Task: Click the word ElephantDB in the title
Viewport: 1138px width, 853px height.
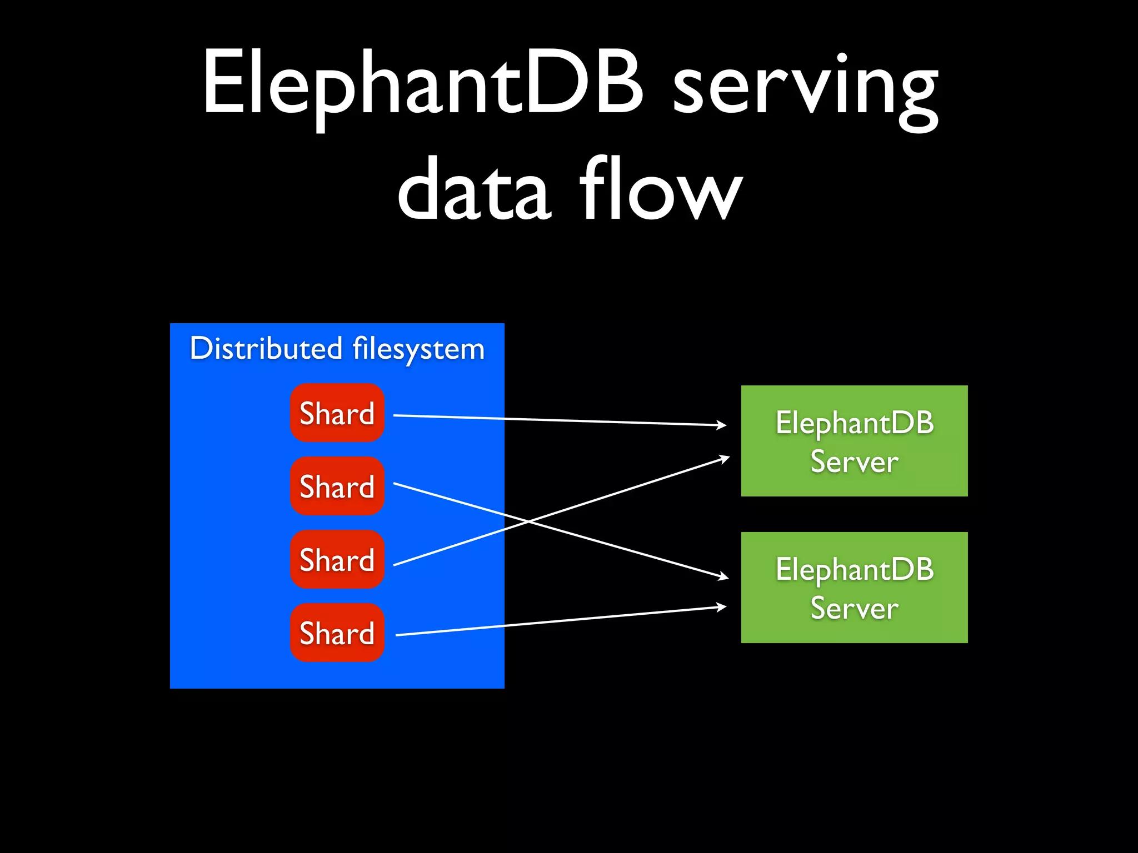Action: point(422,83)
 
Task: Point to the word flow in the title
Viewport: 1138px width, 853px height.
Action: point(661,189)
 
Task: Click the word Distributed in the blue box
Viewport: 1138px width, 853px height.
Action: point(266,349)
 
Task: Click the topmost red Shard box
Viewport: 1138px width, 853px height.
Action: point(337,413)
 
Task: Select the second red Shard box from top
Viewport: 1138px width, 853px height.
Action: point(337,486)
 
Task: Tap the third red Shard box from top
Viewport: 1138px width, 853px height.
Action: point(337,559)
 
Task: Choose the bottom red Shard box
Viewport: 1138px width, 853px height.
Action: point(337,633)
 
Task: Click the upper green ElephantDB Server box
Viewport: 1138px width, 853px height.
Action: point(854,440)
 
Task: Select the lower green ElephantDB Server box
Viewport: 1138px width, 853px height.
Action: point(854,587)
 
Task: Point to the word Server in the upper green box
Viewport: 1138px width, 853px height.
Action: point(854,461)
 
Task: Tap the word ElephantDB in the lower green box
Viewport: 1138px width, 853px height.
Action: point(854,569)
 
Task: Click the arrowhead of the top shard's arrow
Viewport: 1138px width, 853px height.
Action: point(722,425)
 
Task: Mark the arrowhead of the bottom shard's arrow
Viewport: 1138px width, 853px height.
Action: point(722,606)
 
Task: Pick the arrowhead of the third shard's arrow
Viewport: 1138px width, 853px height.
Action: point(725,458)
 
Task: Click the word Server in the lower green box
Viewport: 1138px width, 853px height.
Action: point(854,608)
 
